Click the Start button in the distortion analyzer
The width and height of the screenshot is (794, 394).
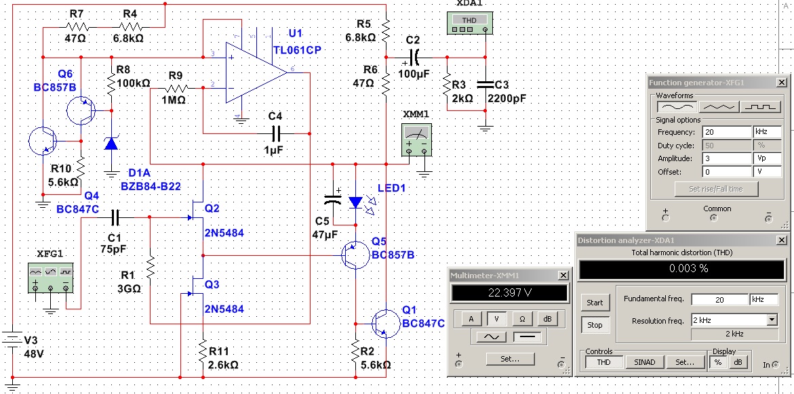[x=595, y=303]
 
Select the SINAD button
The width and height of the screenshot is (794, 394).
[x=645, y=362]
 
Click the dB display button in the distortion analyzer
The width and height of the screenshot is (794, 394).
[x=738, y=362]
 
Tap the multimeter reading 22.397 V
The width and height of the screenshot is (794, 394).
[x=509, y=293]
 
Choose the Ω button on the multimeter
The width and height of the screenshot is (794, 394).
[x=521, y=319]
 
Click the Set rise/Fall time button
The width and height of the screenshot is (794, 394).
[x=717, y=189]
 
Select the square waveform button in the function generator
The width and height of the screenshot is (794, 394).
[x=759, y=107]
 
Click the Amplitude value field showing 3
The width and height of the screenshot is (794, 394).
[x=727, y=158]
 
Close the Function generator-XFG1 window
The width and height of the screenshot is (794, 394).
[x=782, y=83]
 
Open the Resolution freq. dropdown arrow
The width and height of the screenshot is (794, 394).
[x=772, y=320]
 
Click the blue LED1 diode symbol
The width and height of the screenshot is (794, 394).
[x=356, y=202]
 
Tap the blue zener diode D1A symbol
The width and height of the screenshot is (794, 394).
[x=111, y=143]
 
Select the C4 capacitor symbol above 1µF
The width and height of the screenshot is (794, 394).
[x=275, y=133]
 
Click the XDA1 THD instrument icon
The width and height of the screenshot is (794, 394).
[x=469, y=23]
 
